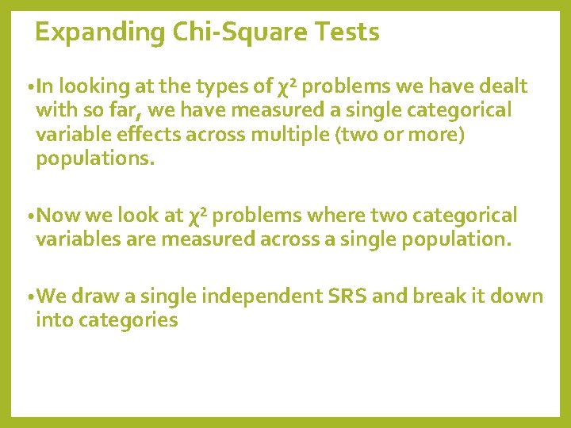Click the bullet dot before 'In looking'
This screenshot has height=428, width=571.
point(29,87)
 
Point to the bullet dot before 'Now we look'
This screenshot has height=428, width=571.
point(29,216)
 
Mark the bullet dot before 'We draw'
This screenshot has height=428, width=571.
point(29,298)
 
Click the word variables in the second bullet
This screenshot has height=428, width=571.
point(78,239)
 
